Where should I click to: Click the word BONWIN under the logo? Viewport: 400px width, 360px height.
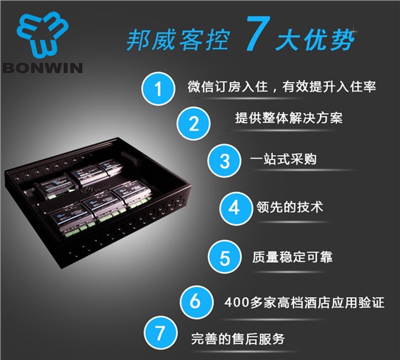tap(42, 68)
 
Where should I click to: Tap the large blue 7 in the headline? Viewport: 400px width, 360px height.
tap(258, 33)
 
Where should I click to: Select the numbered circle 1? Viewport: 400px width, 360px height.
tap(159, 89)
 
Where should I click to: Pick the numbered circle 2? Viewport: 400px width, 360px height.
tap(194, 124)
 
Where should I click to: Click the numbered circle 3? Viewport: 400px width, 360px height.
tap(224, 161)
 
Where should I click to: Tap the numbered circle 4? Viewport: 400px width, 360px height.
tap(236, 208)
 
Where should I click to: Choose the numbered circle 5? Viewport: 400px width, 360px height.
tap(224, 257)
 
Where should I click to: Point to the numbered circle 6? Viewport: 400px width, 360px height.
tap(196, 301)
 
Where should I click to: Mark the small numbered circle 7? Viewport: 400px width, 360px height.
tap(160, 333)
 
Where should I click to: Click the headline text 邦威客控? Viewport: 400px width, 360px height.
tap(178, 39)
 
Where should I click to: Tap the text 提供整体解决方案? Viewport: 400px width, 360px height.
tap(289, 118)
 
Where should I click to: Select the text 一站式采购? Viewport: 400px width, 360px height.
tap(283, 159)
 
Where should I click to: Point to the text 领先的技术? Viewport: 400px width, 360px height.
tap(290, 207)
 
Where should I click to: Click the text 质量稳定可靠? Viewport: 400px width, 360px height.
tap(292, 256)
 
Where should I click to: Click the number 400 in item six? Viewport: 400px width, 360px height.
tap(236, 303)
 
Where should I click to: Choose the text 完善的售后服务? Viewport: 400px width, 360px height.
tap(238, 339)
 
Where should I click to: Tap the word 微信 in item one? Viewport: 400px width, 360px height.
tap(201, 86)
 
